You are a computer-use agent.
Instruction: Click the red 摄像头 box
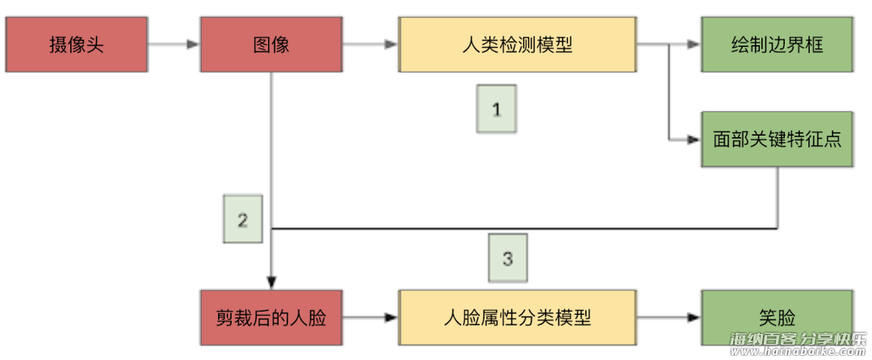click(x=77, y=44)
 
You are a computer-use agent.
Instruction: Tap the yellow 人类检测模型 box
click(x=517, y=44)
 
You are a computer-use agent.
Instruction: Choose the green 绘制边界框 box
click(x=777, y=44)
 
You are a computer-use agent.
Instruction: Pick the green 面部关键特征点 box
click(x=777, y=139)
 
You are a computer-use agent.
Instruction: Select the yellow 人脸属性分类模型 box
click(x=517, y=317)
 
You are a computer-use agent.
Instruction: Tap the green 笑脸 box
click(x=777, y=317)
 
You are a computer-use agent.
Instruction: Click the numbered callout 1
click(x=497, y=108)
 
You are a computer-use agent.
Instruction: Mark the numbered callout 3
click(x=507, y=258)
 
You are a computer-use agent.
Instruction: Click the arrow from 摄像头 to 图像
click(x=174, y=44)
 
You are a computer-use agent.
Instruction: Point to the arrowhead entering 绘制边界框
click(x=694, y=45)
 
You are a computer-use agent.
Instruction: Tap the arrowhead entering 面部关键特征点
click(x=694, y=140)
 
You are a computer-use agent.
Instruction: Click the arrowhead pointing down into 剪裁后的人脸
click(x=271, y=282)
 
